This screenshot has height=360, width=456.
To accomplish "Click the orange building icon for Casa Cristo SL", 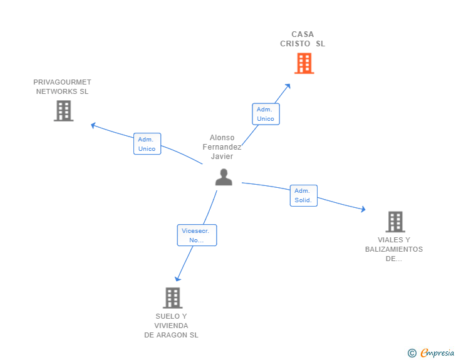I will tap(304, 63).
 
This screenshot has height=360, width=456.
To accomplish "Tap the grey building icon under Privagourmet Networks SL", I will tap(63, 111).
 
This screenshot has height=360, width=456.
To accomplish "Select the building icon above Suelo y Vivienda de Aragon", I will tap(173, 298).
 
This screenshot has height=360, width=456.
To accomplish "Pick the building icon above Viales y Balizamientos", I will tap(395, 222).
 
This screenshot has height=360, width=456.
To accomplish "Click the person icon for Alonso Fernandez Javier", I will tap(224, 177).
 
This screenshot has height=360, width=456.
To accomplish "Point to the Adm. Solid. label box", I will tap(303, 196).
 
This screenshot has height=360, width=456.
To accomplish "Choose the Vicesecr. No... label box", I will tap(197, 235).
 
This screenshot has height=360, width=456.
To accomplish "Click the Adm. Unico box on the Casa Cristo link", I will tap(266, 114).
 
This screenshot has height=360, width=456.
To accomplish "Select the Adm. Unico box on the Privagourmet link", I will tap(147, 144).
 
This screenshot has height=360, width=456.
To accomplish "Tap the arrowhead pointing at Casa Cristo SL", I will tap(288, 86).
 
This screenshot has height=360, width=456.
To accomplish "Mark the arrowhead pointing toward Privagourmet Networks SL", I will tap(93, 125).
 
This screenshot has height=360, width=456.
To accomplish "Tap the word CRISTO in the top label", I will tap(296, 44).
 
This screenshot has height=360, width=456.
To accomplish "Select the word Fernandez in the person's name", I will tap(222, 147).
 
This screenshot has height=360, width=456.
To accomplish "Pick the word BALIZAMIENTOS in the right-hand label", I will tap(394, 249).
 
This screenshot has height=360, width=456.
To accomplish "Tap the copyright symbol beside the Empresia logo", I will tap(412, 353).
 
